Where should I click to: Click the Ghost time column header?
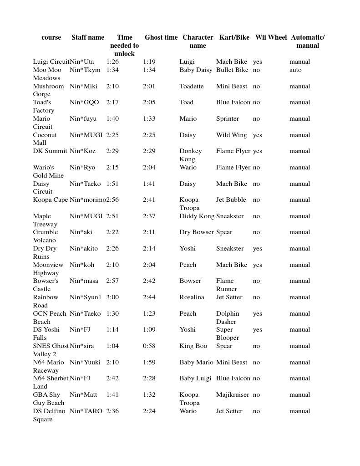[161, 37]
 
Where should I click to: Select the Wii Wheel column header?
[271, 37]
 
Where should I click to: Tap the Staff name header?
[88, 37]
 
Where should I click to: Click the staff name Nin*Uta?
[82, 61]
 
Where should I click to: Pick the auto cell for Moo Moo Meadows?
[295, 70]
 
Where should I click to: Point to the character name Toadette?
[192, 86]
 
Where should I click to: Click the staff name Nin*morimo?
[88, 200]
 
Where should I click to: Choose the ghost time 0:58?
[149, 346]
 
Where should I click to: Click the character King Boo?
[193, 346]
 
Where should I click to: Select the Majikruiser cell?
[233, 394]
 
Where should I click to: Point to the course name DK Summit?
[50, 151]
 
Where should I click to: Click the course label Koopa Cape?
[51, 200]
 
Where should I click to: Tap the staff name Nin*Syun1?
[86, 297]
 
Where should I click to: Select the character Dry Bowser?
[197, 232]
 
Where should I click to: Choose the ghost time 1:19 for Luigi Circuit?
[149, 61]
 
